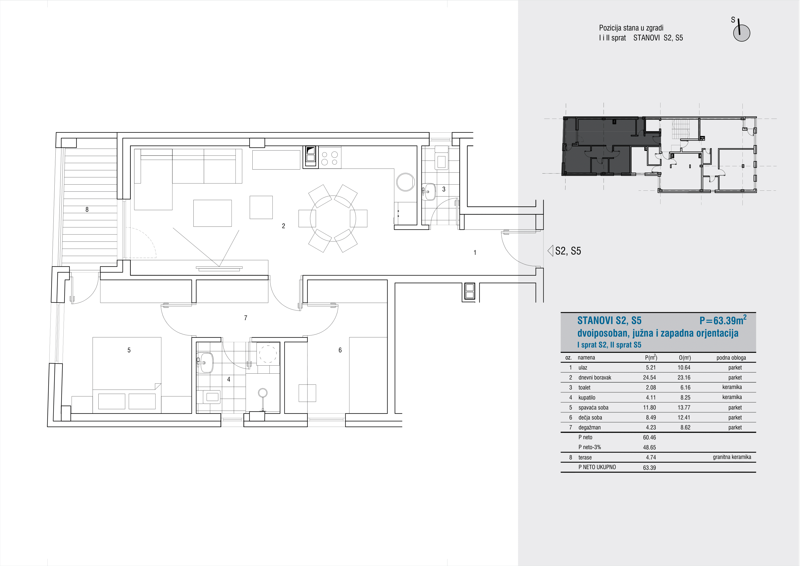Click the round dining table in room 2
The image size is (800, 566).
[x=333, y=218]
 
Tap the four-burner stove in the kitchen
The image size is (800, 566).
[x=330, y=158]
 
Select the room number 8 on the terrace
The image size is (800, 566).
[x=87, y=210]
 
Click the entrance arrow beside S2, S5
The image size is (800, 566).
[x=550, y=251]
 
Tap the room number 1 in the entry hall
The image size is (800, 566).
[x=475, y=252]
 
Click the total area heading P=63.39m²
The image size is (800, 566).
[x=723, y=320]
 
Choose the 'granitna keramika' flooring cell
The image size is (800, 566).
[x=732, y=457]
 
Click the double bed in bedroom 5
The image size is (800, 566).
[x=127, y=373]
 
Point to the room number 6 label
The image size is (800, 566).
[x=340, y=350]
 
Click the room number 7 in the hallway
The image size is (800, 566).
[x=246, y=318]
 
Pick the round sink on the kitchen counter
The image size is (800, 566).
[x=406, y=182]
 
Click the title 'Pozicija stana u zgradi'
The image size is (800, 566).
[x=631, y=28]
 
